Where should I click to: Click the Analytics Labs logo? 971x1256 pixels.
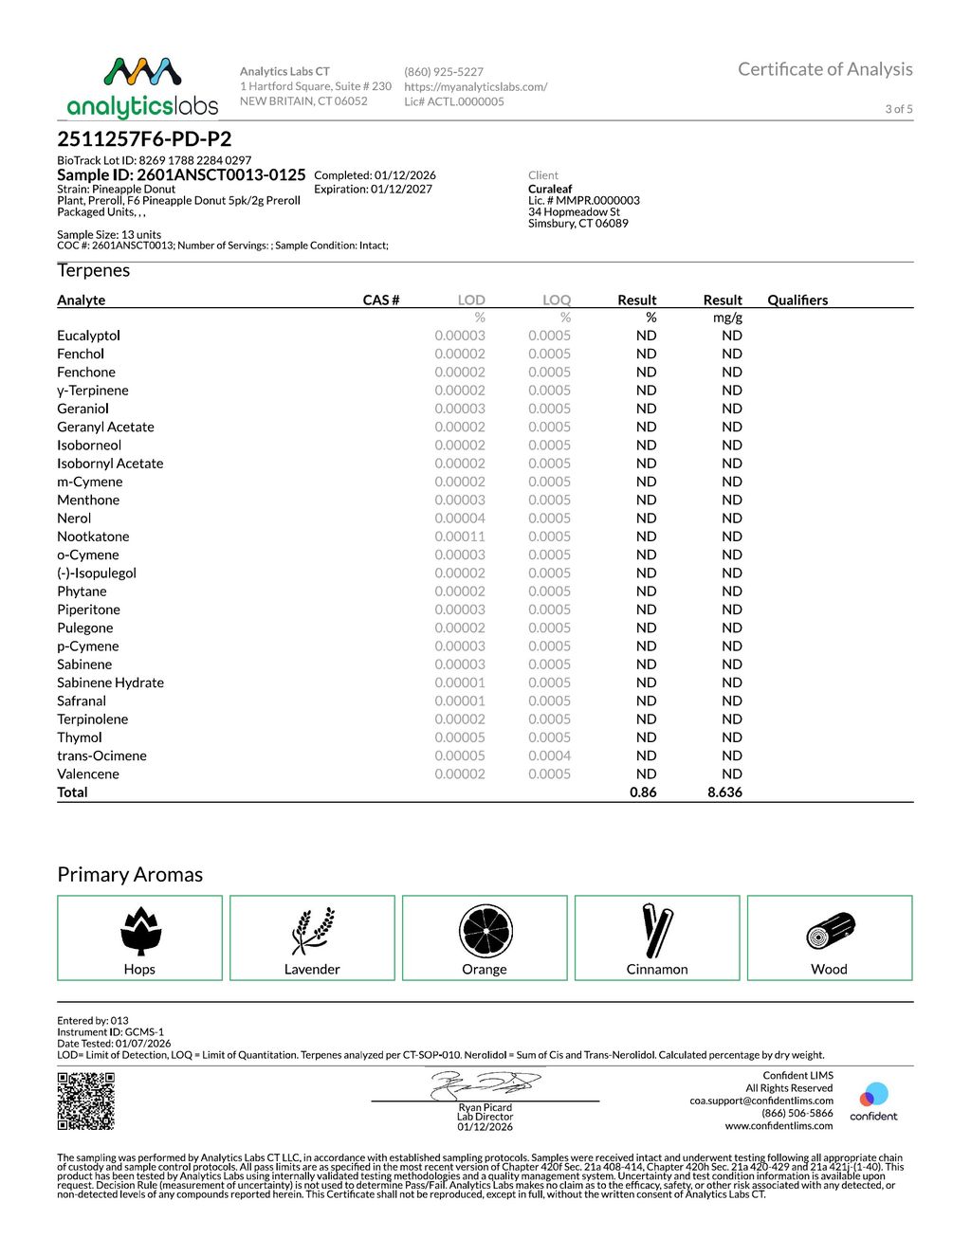(x=142, y=87)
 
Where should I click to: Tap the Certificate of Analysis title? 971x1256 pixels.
(x=825, y=69)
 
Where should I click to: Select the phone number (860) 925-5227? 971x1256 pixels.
(x=444, y=72)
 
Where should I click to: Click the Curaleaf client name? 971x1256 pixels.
(x=550, y=189)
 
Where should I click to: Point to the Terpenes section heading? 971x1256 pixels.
(x=93, y=270)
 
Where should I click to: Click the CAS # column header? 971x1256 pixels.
(x=381, y=300)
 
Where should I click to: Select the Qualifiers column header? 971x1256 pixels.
(x=797, y=300)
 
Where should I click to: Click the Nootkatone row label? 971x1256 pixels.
(x=93, y=537)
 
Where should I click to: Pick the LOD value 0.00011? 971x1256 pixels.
(x=460, y=537)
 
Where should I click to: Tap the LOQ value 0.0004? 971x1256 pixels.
(x=549, y=755)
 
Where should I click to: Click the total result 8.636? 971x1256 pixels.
(x=724, y=792)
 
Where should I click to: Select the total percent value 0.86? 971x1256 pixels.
(x=643, y=792)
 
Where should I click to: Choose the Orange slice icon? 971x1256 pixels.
(x=485, y=930)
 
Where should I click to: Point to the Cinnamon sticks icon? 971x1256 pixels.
(x=657, y=930)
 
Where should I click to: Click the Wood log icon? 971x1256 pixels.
(x=831, y=932)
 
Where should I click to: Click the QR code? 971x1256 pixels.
(x=86, y=1101)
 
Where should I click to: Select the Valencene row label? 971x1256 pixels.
(x=88, y=774)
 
